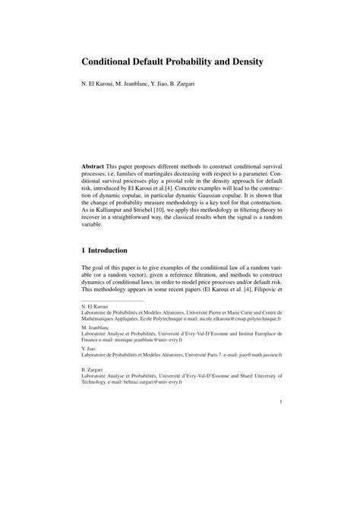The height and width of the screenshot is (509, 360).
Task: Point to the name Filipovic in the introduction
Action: pos(258,290)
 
